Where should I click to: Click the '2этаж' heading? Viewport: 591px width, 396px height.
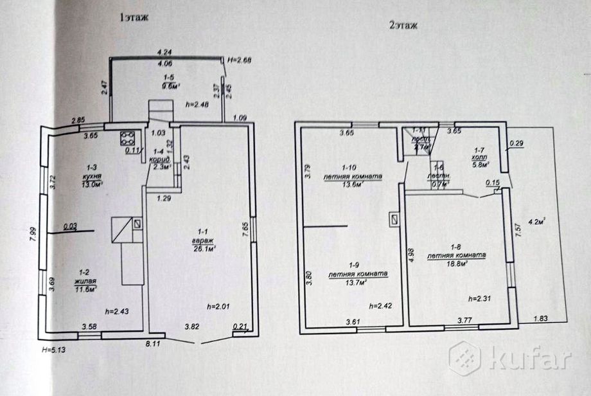tap(403, 26)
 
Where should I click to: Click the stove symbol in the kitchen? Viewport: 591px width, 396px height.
tap(127, 137)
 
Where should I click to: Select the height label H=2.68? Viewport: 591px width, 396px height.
tap(240, 60)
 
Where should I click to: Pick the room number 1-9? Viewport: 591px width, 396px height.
tap(356, 265)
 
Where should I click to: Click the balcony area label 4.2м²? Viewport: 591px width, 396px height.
tap(536, 222)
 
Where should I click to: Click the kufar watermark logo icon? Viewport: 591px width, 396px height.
tap(464, 357)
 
